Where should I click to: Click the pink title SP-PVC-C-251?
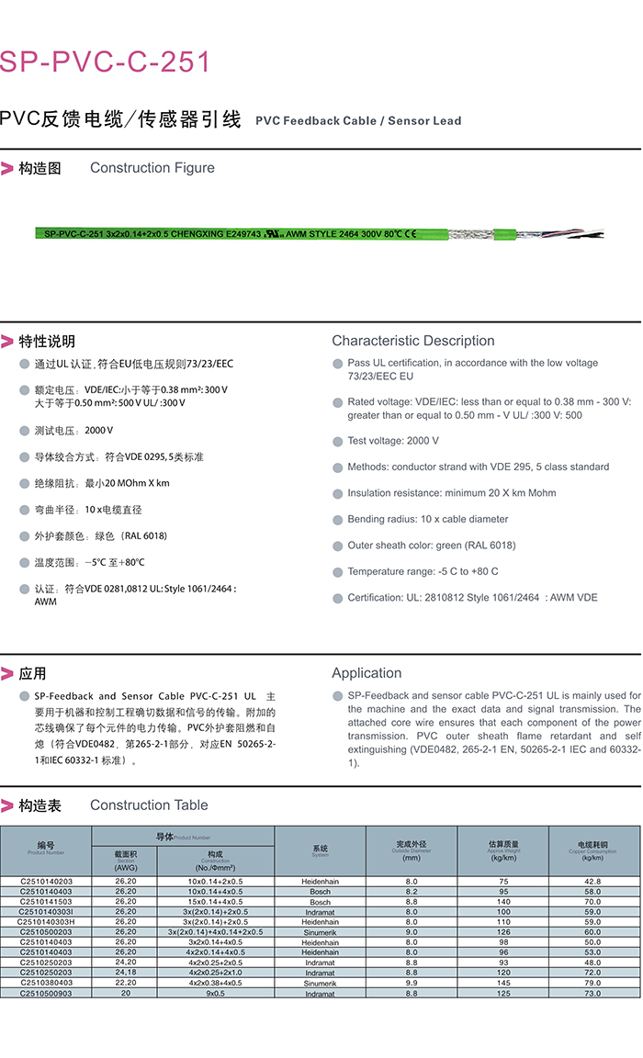(106, 62)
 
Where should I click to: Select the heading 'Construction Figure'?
(152, 168)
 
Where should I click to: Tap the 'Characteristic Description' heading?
(412, 341)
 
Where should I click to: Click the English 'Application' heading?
(367, 673)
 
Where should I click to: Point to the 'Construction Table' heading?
(149, 805)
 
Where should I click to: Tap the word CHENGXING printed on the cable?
(202, 234)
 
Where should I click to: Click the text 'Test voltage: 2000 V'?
(393, 441)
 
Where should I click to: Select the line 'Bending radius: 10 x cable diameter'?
(427, 519)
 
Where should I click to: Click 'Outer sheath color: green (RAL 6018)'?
(431, 546)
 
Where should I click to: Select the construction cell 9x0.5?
(216, 994)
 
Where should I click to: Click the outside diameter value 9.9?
(412, 984)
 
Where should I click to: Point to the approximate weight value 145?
(503, 984)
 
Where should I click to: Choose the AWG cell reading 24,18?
(125, 973)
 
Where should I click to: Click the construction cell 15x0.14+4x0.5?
(216, 902)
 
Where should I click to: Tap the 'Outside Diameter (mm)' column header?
(412, 850)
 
